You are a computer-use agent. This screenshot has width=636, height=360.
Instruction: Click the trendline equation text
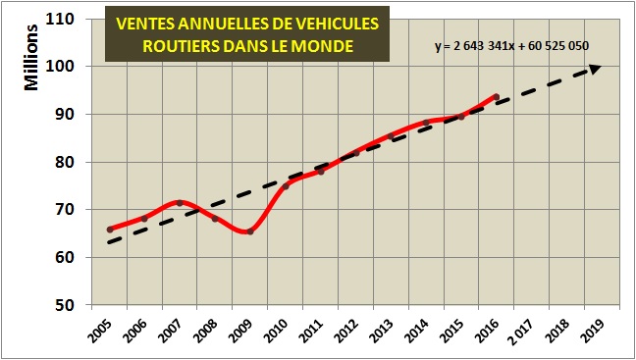pyautogui.click(x=511, y=46)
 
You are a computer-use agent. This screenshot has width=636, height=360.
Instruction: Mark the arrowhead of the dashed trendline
pyautogui.click(x=595, y=68)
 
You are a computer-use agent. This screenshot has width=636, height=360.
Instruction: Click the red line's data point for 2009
pyautogui.click(x=250, y=231)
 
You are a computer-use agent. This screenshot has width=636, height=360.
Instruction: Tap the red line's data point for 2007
pyautogui.click(x=180, y=203)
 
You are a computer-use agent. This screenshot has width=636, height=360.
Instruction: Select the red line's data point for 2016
pyautogui.click(x=497, y=97)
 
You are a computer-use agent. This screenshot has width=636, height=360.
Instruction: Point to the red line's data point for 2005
pyautogui.click(x=110, y=230)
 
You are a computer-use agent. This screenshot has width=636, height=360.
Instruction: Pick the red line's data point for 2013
pyautogui.click(x=391, y=135)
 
